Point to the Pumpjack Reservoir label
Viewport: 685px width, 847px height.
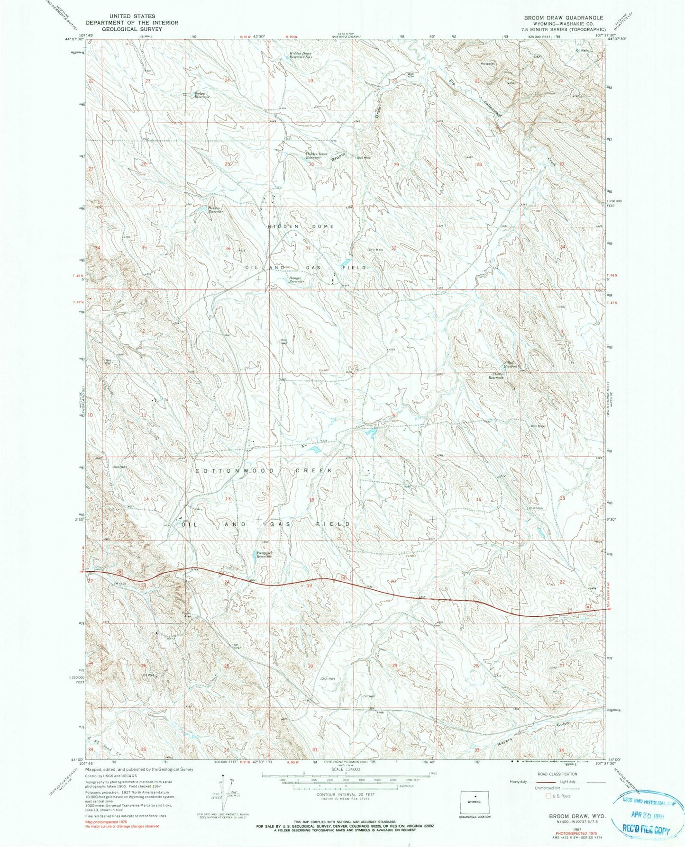tap(264, 555)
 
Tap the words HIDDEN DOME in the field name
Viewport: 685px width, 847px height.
tap(301, 226)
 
